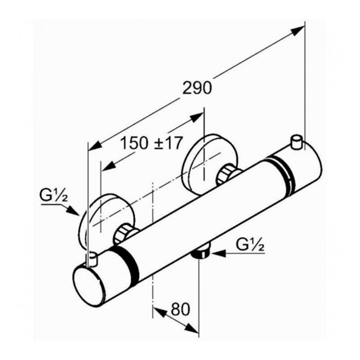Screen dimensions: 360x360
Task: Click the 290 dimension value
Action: tap(197, 88)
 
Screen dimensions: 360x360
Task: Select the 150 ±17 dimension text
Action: tap(152, 143)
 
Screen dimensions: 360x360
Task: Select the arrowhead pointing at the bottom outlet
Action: tap(218, 254)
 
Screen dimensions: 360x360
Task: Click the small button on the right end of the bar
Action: tap(297, 142)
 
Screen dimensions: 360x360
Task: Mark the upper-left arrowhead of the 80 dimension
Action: tap(159, 312)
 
